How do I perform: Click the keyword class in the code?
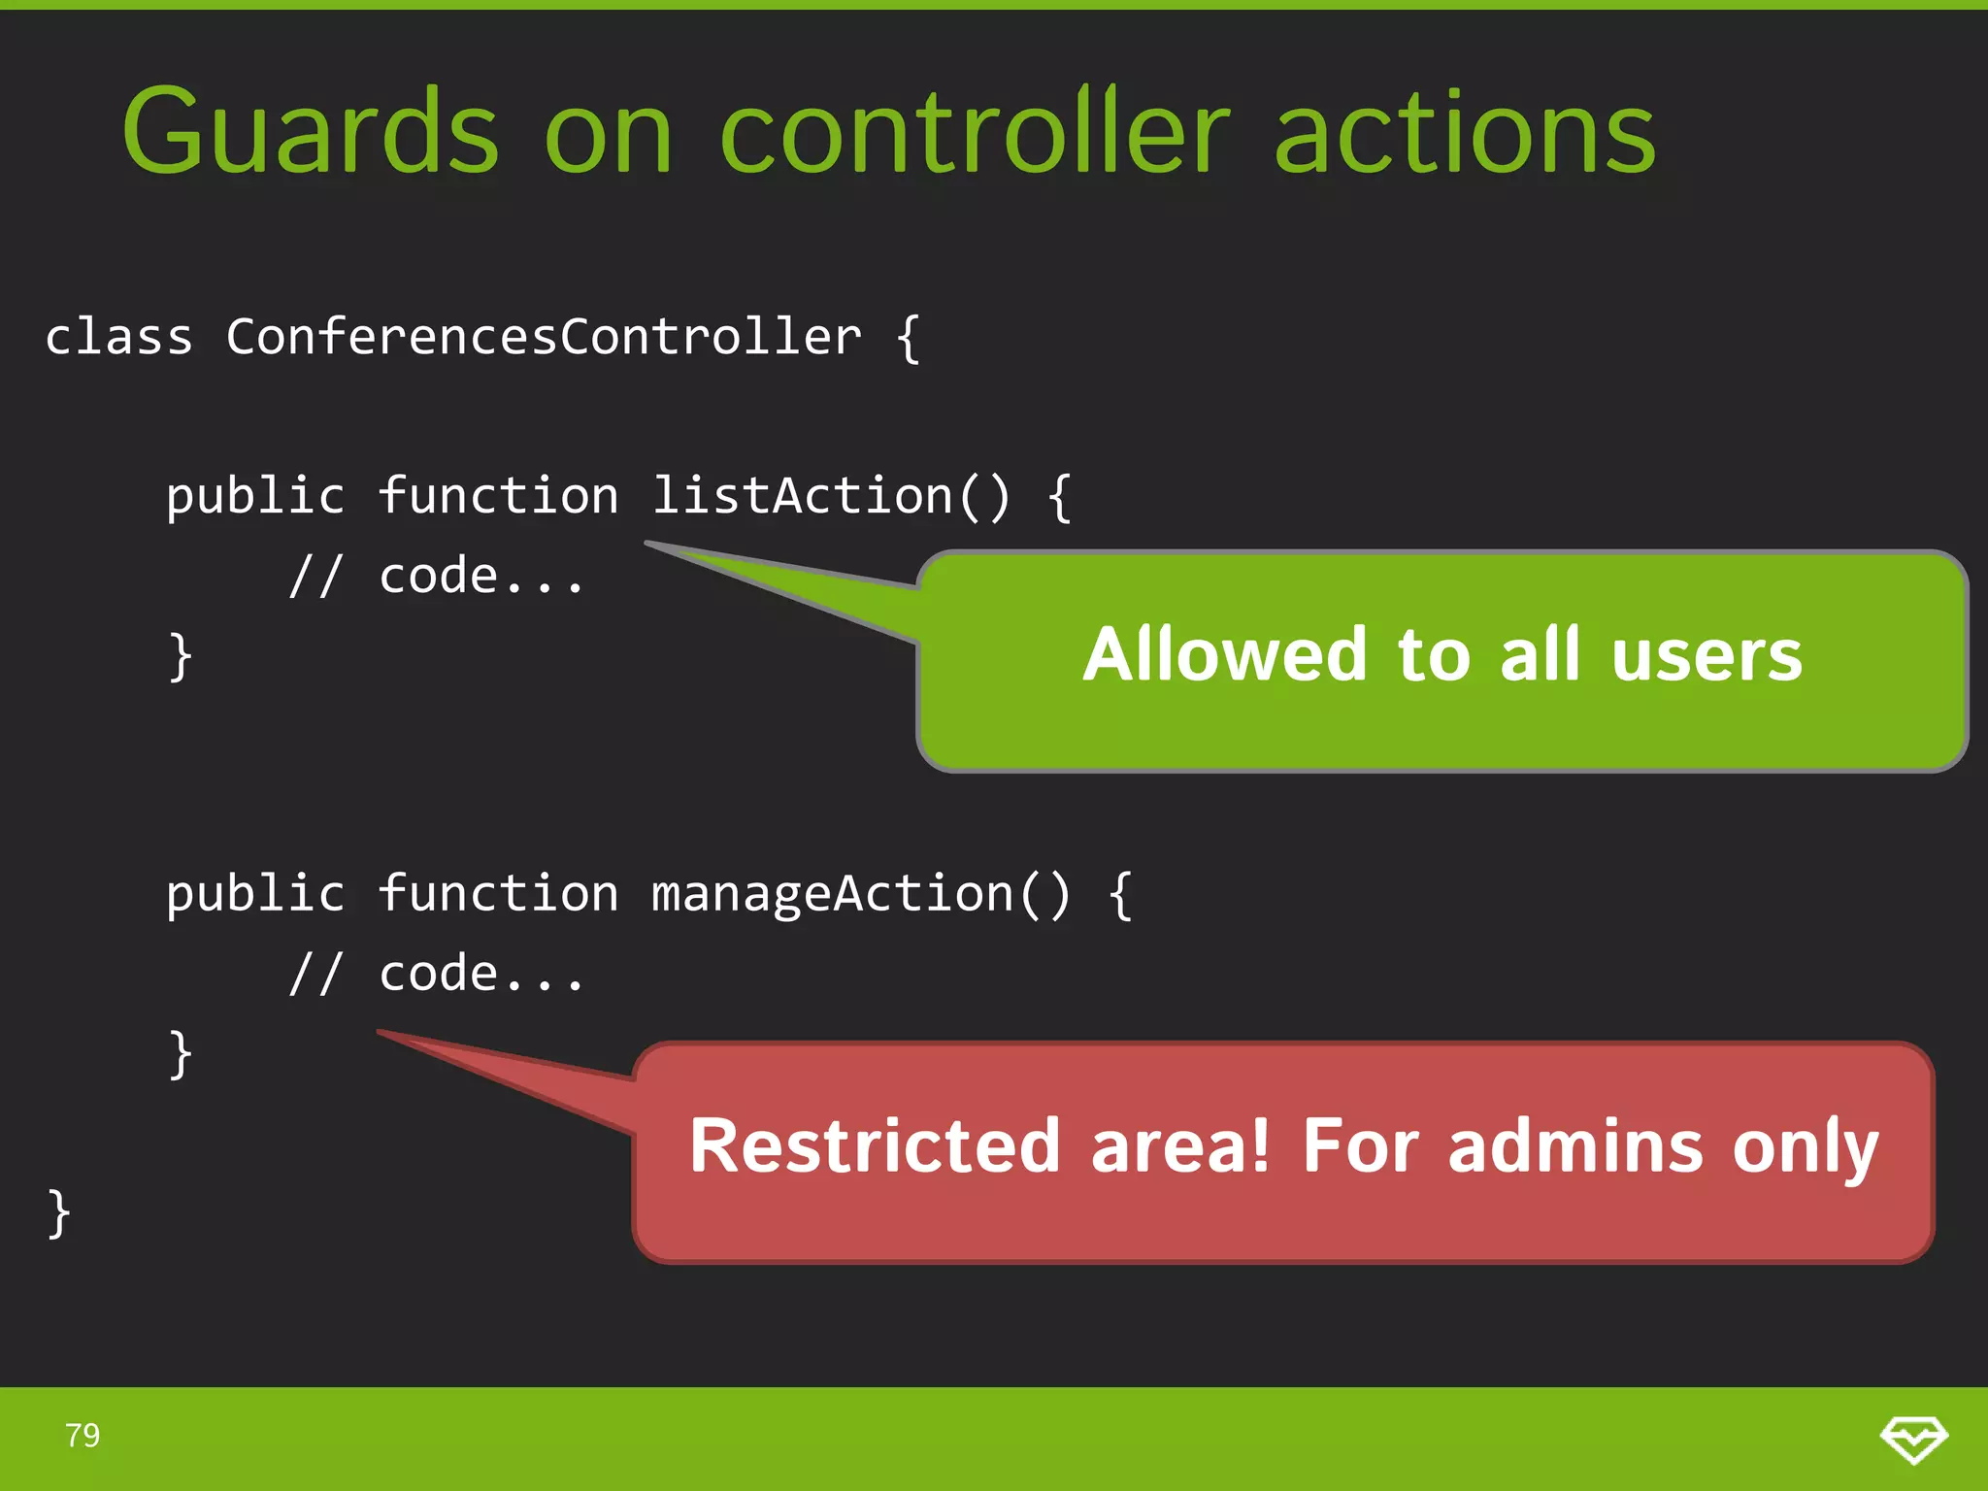point(118,338)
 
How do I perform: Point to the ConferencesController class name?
point(544,338)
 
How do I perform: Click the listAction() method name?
point(830,496)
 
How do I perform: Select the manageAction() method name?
point(860,894)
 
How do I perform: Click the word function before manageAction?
point(498,894)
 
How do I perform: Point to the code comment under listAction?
point(437,577)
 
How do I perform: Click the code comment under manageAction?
point(437,975)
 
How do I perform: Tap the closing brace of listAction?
point(181,657)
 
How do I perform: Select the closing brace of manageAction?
point(181,1055)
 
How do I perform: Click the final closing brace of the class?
point(59,1213)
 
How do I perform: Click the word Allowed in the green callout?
point(1225,655)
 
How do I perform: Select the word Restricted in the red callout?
point(874,1146)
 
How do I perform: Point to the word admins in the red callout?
point(1574,1146)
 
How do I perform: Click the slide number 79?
point(83,1435)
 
